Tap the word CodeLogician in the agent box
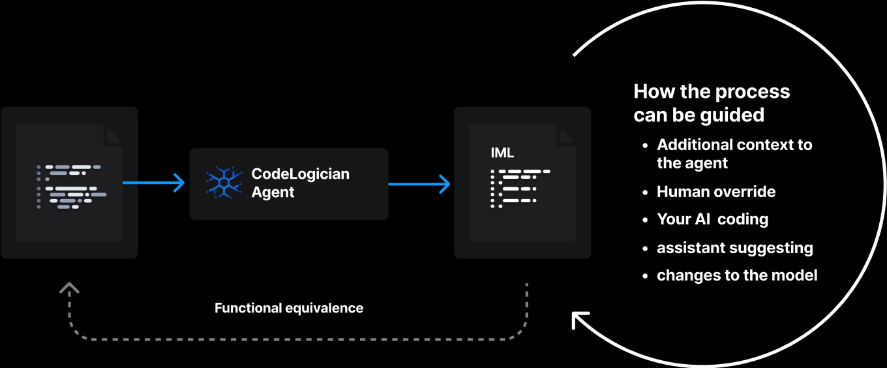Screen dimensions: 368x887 (301, 174)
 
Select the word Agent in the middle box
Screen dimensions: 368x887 (273, 192)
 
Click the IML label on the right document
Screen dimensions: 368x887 (502, 153)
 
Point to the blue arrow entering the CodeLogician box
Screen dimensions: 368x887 (154, 183)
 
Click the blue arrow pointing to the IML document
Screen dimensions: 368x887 (419, 184)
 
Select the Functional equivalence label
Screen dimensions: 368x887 (289, 308)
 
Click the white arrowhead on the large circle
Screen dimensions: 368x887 (580, 320)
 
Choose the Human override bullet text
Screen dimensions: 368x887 (716, 192)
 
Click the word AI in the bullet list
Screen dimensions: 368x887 (702, 220)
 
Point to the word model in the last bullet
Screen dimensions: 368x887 (796, 275)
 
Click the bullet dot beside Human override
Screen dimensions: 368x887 (646, 192)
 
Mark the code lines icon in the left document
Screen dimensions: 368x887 (71, 187)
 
